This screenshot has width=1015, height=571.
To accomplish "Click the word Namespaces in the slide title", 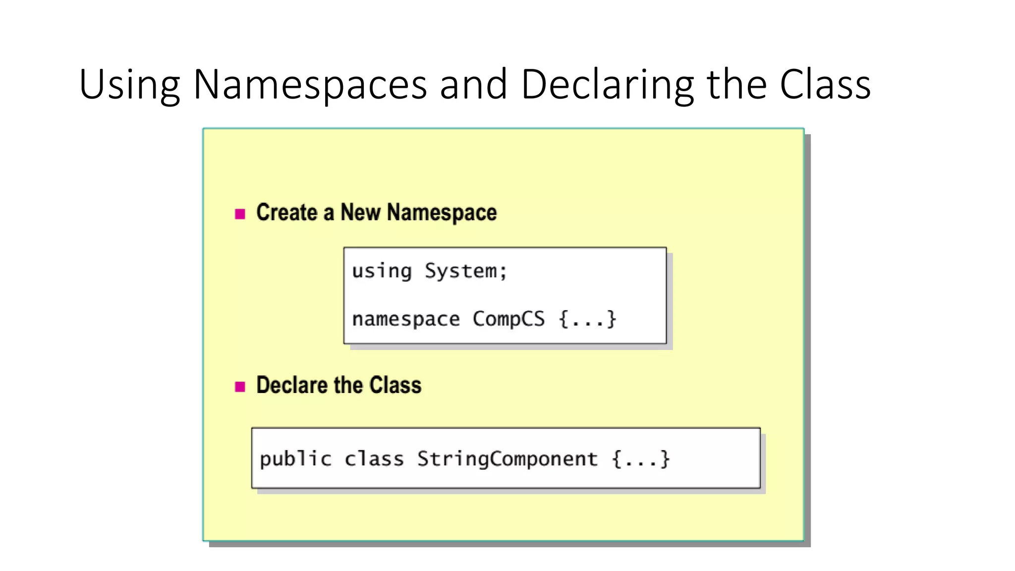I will [310, 84].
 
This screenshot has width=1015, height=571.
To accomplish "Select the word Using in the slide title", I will [129, 85].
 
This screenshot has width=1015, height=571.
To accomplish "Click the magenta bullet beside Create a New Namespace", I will [240, 214].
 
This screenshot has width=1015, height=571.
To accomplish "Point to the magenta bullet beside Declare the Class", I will [240, 387].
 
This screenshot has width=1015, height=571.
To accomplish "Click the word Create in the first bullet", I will [286, 213].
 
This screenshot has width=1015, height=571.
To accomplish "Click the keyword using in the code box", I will [382, 272].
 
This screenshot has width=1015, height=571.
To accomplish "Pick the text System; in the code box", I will [466, 272].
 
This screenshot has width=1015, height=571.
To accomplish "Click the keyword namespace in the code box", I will [406, 319].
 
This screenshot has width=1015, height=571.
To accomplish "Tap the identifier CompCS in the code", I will [508, 319].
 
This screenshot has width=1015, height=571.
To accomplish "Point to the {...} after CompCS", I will [587, 319].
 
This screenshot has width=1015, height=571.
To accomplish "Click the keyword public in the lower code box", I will [295, 459].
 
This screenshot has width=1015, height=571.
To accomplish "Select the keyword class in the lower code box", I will [374, 459].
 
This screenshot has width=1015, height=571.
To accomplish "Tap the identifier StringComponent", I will [507, 459].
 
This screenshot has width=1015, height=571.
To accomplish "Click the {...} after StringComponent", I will [641, 459].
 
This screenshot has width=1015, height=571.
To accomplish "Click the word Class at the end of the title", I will [825, 84].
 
